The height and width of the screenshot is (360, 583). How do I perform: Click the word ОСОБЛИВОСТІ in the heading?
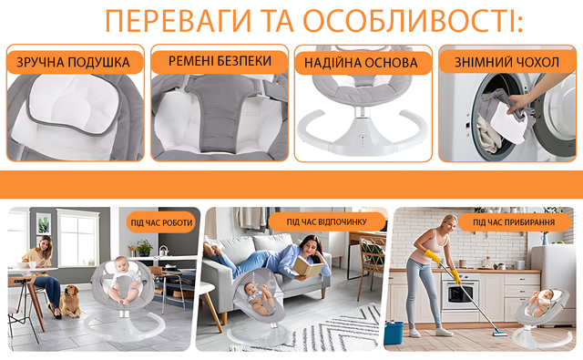[411, 21]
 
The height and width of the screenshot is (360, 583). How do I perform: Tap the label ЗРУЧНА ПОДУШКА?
[73, 62]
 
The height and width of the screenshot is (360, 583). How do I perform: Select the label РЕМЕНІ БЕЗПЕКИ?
[220, 61]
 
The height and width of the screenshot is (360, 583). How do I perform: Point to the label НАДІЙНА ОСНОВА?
[361, 63]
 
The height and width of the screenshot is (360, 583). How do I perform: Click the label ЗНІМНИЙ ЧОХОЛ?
[506, 62]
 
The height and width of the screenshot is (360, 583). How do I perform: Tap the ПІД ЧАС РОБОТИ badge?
[161, 222]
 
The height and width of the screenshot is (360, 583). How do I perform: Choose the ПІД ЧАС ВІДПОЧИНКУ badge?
[326, 221]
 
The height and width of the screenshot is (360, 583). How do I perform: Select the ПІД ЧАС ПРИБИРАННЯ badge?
[514, 222]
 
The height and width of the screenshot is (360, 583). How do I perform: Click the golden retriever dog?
[69, 302]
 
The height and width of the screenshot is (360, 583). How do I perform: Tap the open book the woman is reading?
[307, 266]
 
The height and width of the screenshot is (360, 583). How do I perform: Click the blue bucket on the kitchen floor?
[394, 332]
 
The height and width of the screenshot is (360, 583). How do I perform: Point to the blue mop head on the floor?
[500, 334]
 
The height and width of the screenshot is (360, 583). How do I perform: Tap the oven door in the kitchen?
[460, 294]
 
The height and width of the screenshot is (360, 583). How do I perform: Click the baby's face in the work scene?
[121, 265]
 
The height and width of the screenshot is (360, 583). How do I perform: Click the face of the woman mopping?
[451, 224]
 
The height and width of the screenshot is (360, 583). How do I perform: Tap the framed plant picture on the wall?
[44, 224]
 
